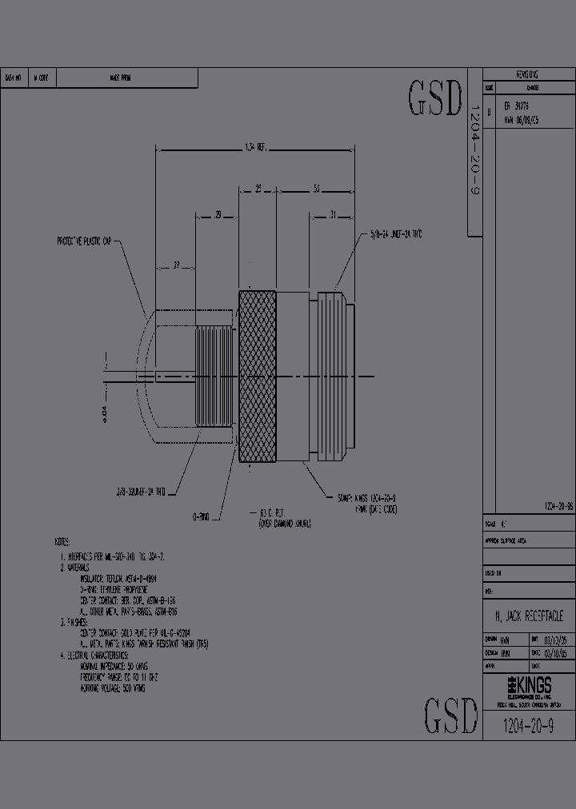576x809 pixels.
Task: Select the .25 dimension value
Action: (258, 189)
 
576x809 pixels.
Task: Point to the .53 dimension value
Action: (317, 189)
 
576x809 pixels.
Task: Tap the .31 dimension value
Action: (332, 214)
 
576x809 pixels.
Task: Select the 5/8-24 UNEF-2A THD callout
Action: (395, 233)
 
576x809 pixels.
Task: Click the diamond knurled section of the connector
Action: (258, 376)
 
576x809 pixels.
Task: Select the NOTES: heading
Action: (62, 540)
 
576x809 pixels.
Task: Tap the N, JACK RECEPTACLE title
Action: (529, 616)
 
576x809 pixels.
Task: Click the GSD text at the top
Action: (435, 98)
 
